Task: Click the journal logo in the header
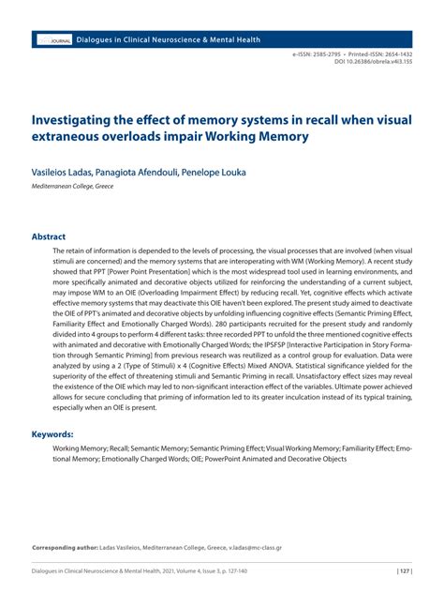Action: pyautogui.click(x=53, y=40)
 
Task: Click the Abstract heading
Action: pyautogui.click(x=50, y=237)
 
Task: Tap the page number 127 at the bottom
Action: pyautogui.click(x=406, y=571)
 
